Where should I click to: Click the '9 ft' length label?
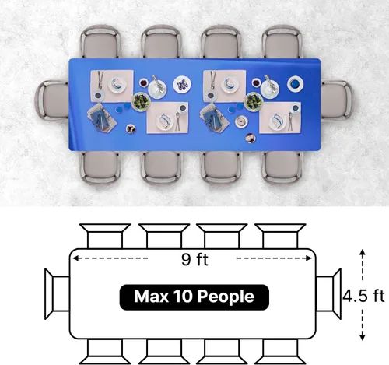(194, 259)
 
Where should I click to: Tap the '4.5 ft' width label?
(364, 296)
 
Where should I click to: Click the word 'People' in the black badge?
(226, 297)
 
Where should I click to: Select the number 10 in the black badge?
(183, 296)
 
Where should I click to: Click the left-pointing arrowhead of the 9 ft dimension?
(75, 258)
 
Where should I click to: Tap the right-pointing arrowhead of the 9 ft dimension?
(309, 258)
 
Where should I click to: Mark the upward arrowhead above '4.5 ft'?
(363, 252)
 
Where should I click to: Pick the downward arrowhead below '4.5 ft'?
(363, 337)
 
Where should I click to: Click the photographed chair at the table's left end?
(52, 100)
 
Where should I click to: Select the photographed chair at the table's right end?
(336, 100)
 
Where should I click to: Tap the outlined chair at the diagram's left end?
(57, 293)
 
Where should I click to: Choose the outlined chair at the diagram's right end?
(328, 293)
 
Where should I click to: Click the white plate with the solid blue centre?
(295, 84)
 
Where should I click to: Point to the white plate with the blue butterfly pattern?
(182, 84)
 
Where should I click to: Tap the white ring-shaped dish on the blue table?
(241, 121)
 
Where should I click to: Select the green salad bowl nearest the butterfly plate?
(141, 101)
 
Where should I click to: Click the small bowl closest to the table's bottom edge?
(251, 138)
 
